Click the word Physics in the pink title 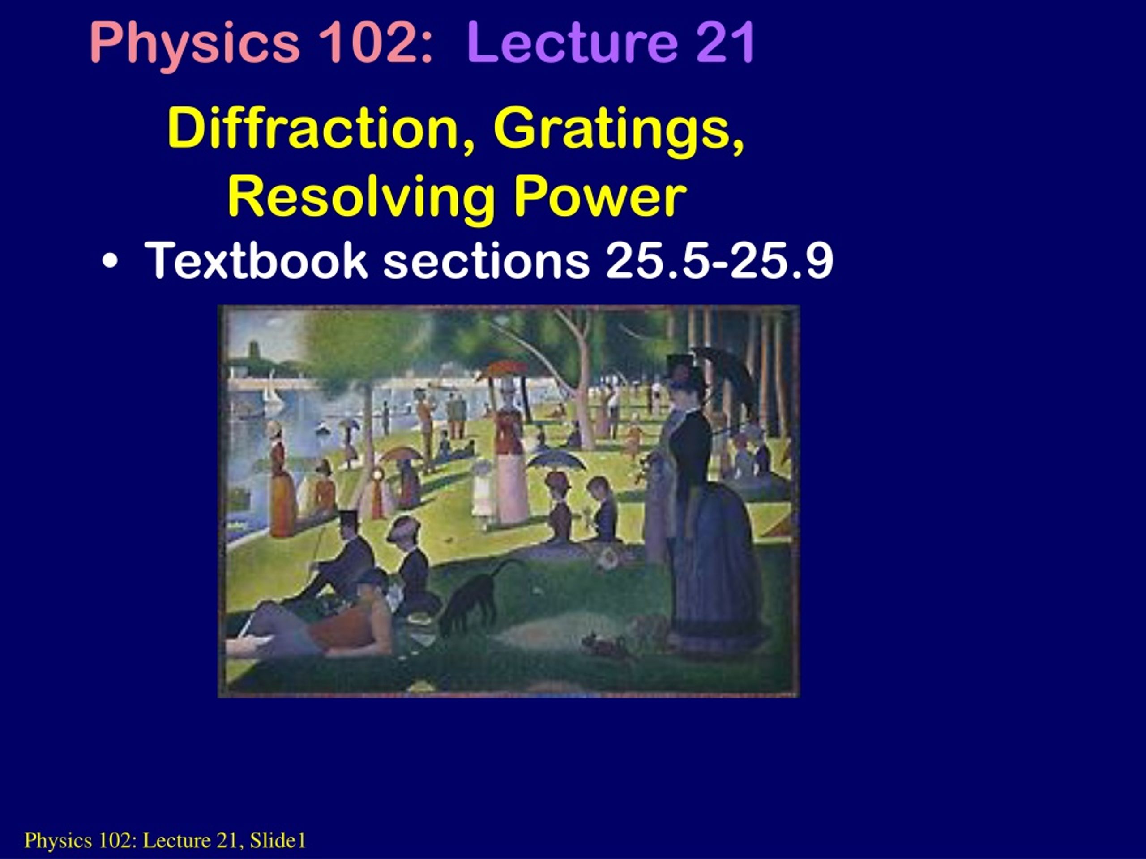(194, 43)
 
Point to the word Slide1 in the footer (278, 840)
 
